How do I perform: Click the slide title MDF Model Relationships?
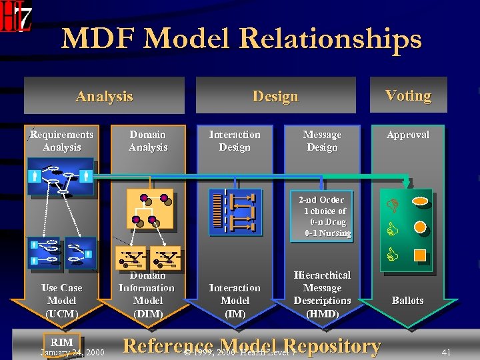(241, 39)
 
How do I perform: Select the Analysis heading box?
(104, 96)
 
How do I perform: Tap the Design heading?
(275, 97)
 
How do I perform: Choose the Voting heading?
(407, 95)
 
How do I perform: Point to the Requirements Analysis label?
(61, 141)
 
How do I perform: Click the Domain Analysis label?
(148, 141)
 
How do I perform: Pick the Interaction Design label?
(235, 141)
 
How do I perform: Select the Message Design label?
(322, 141)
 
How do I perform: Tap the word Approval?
(407, 135)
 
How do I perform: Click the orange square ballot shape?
(420, 254)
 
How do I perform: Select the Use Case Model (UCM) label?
(61, 300)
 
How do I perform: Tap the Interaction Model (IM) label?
(235, 300)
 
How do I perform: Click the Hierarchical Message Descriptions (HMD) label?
(322, 294)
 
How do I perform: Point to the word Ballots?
(407, 300)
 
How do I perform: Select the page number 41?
(446, 351)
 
